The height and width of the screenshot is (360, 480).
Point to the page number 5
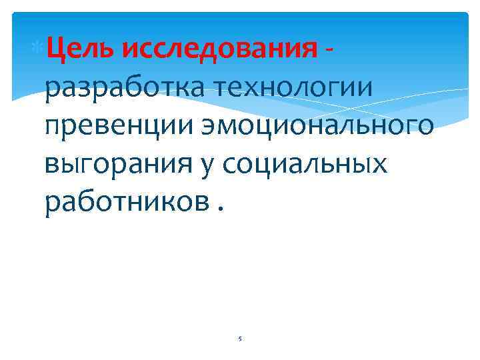[x=240, y=339]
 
